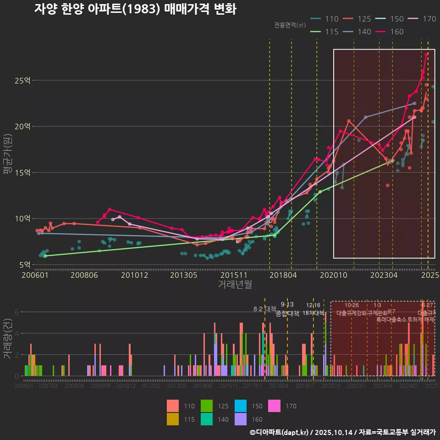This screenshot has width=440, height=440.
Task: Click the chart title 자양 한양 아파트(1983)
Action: pyautogui.click(x=135, y=10)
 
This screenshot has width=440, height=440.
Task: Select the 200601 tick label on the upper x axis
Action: pyautogui.click(x=36, y=275)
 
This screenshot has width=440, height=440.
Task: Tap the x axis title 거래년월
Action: pyautogui.click(x=235, y=285)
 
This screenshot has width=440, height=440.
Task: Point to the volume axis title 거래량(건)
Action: pyautogui.click(x=8, y=339)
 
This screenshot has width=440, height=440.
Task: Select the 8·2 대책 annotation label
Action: pyautogui.click(x=264, y=309)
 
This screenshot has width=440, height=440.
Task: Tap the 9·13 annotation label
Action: pyautogui.click(x=287, y=305)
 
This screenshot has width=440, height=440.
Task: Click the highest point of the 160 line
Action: pyautogui.click(x=426, y=55)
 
